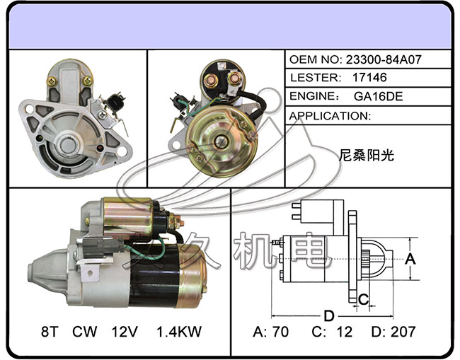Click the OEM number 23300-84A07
(x=383, y=60)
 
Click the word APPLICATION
(x=330, y=115)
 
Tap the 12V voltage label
(x=122, y=331)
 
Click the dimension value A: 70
(x=271, y=331)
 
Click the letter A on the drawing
(x=410, y=259)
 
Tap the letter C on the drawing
(x=362, y=298)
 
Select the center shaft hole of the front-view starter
(x=68, y=145)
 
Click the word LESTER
(x=311, y=79)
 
